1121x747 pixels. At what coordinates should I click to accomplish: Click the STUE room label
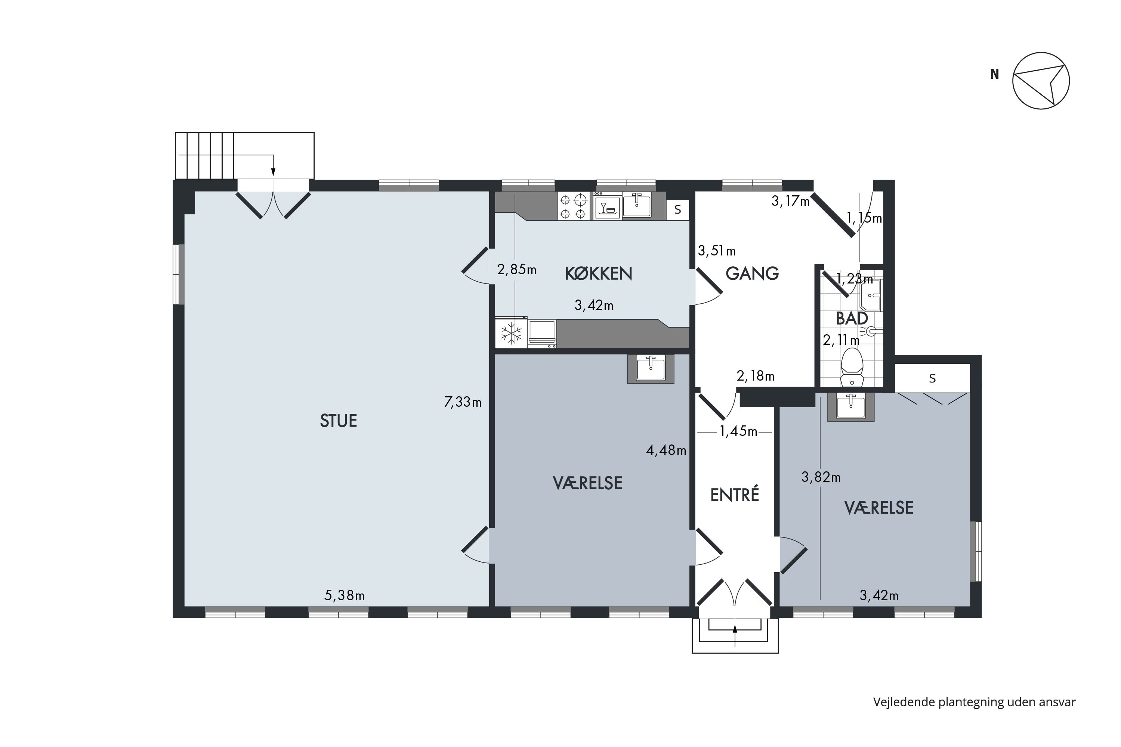point(339,421)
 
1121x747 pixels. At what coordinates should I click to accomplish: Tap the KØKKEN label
point(599,273)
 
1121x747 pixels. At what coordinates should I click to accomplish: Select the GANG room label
point(752,273)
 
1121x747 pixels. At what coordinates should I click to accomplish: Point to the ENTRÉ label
point(735,495)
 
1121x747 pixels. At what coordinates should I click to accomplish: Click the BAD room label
point(852,318)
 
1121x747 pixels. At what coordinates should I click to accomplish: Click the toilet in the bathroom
point(852,367)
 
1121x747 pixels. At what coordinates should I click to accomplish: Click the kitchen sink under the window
point(636,205)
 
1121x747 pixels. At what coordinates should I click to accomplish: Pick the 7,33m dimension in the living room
point(462,402)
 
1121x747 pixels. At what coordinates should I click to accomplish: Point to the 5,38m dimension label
point(345,595)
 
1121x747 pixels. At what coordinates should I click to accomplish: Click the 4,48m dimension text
point(666,450)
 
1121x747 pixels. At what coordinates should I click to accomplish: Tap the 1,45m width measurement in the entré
point(738,432)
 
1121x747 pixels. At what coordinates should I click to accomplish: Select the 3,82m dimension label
point(821,477)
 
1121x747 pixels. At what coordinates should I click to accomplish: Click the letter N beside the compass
point(994,74)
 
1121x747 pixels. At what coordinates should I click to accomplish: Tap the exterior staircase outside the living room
point(244,155)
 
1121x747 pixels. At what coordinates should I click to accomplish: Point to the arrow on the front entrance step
point(735,636)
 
